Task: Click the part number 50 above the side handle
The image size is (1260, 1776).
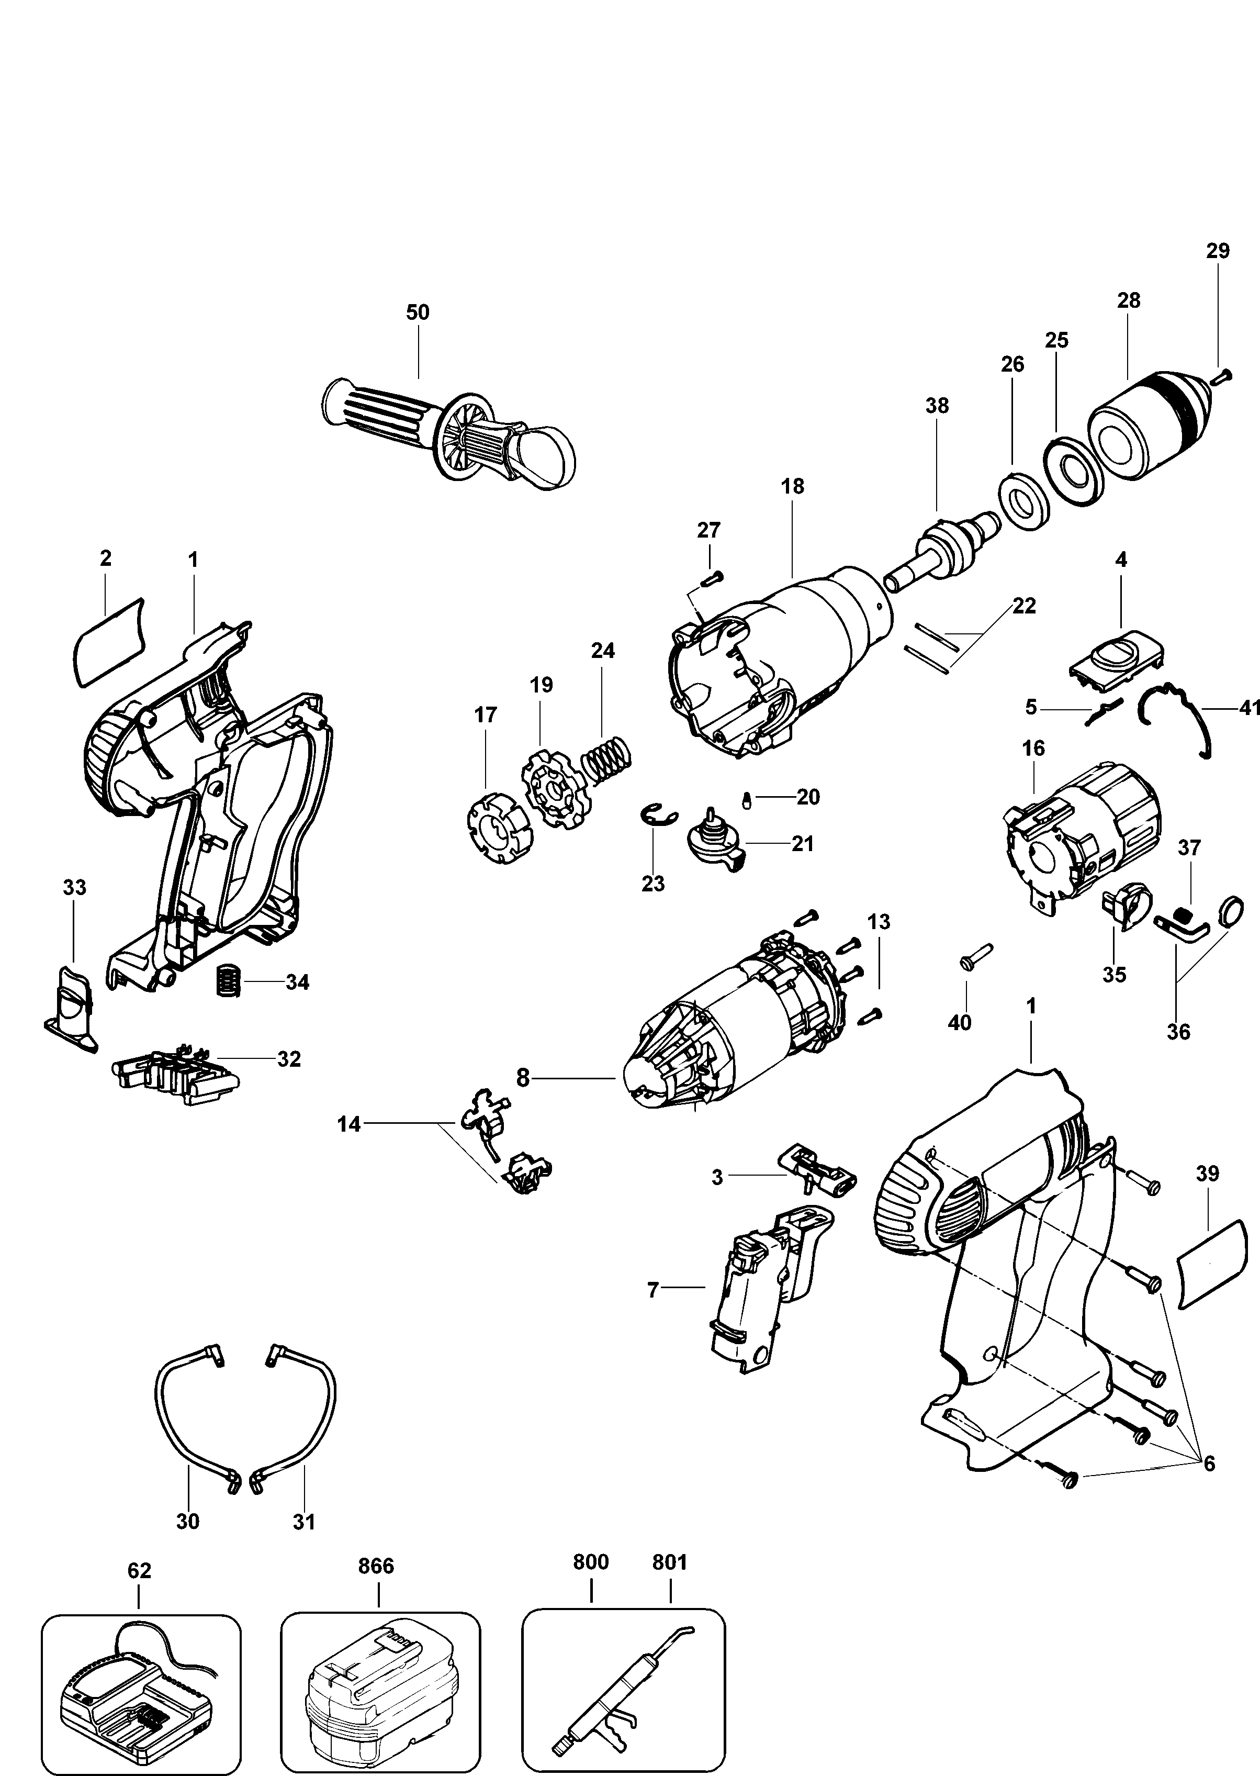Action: (x=418, y=312)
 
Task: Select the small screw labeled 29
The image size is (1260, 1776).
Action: (x=1220, y=377)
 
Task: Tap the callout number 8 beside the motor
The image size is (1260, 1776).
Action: (x=523, y=1078)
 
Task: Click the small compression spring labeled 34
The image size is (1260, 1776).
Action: (x=225, y=981)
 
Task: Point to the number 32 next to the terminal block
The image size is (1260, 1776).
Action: (x=289, y=1059)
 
